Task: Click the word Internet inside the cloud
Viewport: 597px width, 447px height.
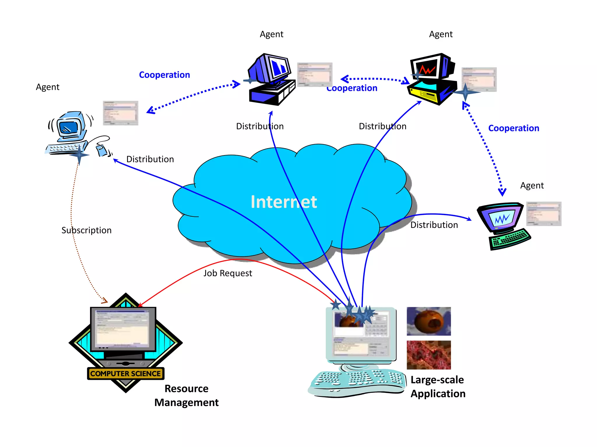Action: (x=284, y=202)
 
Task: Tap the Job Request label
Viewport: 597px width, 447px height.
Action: (x=228, y=273)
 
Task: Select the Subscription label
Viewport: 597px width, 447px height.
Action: (x=86, y=230)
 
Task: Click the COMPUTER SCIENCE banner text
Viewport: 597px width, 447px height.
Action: (x=125, y=374)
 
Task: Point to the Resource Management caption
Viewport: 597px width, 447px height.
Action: (x=187, y=395)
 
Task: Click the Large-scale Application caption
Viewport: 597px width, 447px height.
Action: (x=438, y=387)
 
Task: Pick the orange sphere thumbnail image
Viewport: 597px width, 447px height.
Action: (x=429, y=321)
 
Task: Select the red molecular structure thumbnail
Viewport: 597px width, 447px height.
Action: (x=429, y=355)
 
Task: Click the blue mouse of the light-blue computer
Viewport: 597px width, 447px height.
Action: (x=102, y=150)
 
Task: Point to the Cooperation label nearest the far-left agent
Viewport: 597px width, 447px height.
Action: (x=164, y=75)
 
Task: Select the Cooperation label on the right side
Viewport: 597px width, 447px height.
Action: (x=513, y=128)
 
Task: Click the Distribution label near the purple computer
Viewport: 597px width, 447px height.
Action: (x=434, y=225)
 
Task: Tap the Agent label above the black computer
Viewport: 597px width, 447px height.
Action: (x=441, y=34)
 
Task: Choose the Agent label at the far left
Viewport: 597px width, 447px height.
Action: (x=48, y=87)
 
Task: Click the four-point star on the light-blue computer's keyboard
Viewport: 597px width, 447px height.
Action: (x=79, y=155)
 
